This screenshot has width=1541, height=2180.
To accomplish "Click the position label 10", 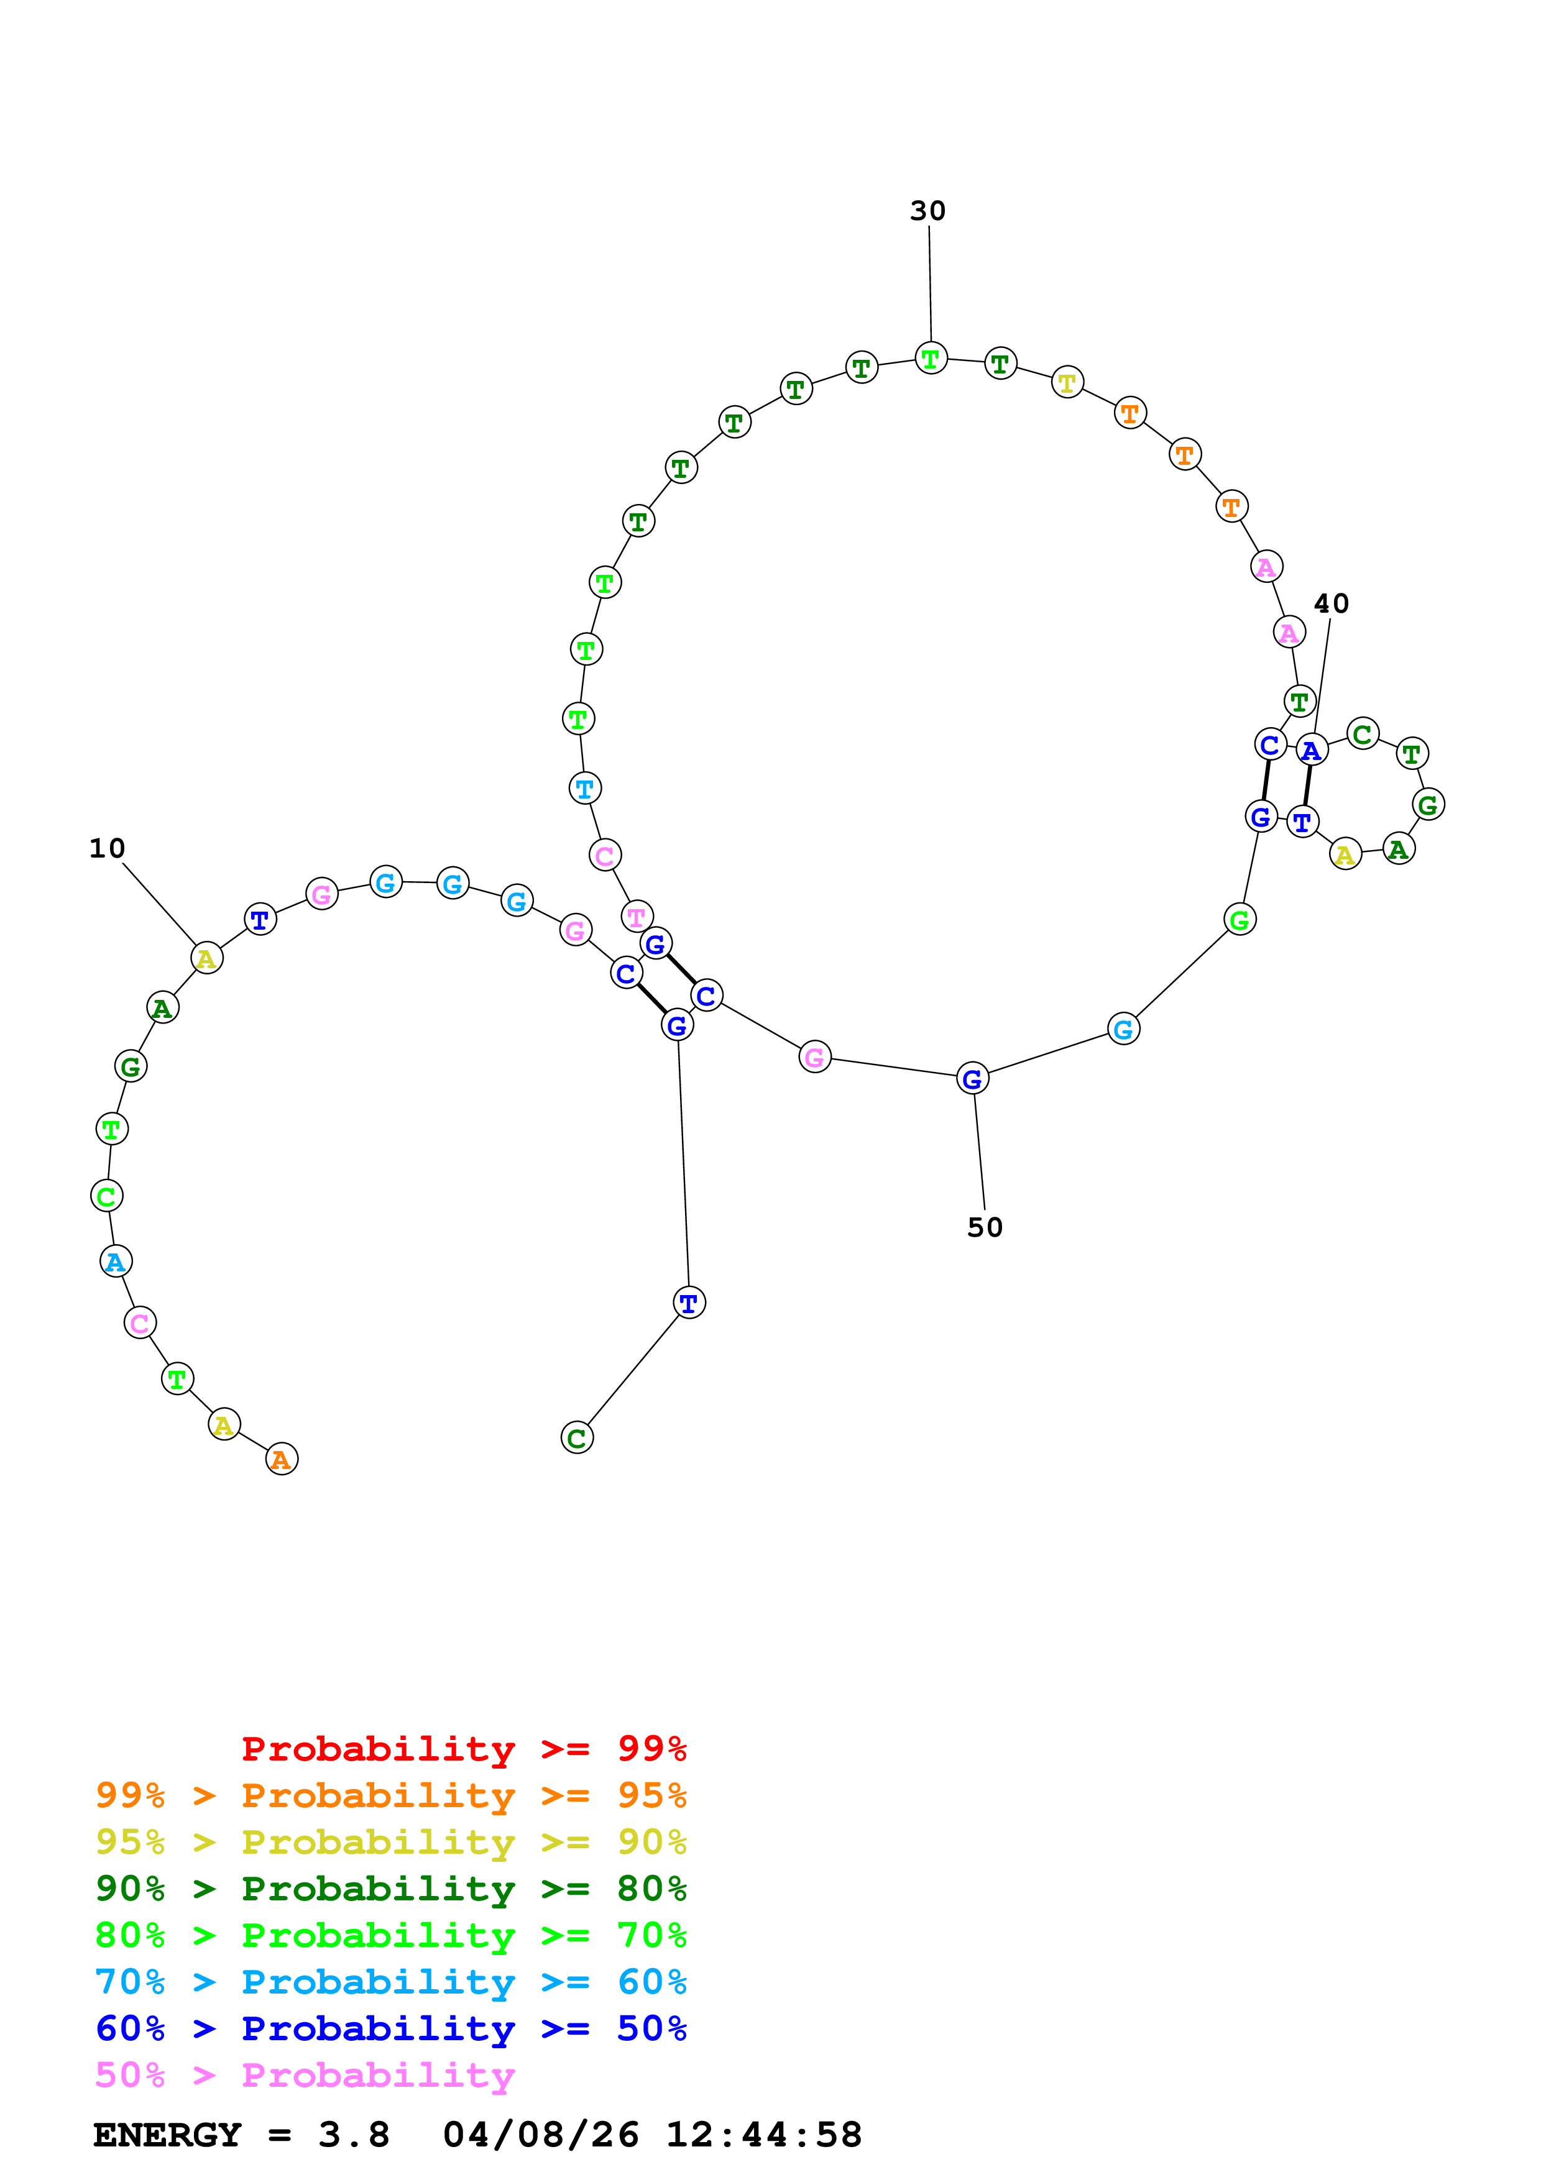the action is point(108,848).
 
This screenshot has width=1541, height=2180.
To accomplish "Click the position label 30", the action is point(927,211).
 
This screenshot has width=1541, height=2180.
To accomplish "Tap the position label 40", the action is point(1331,604).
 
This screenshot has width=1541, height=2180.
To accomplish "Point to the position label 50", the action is point(985,1228).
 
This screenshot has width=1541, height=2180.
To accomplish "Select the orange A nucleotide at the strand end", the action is point(281,1459).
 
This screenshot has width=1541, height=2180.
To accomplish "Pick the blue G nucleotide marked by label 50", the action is point(972,1079).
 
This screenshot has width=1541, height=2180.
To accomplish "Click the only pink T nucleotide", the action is point(636,917).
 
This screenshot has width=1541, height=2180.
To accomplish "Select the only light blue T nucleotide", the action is point(585,788).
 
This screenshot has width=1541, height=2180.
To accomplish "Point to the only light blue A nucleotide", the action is point(116,1262).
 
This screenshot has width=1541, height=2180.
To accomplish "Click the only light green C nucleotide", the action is point(106,1196).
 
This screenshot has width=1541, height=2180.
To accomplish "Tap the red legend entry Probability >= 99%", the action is point(463,1749).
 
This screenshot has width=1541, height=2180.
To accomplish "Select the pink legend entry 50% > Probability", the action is point(304,2076).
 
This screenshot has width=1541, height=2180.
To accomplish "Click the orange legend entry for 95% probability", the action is point(391,1795).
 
